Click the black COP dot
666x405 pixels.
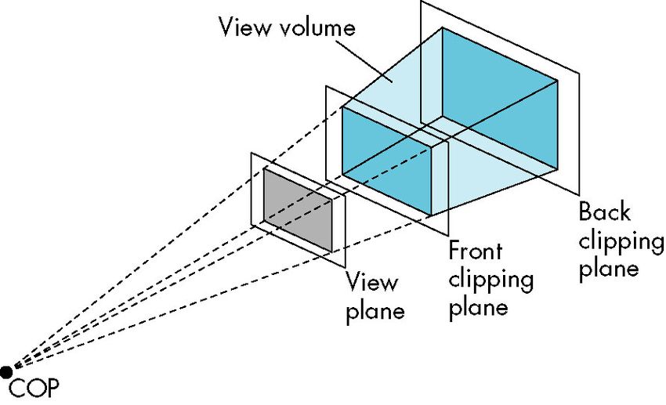click(6, 371)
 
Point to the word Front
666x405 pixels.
click(476, 251)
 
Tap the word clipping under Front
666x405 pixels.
click(491, 280)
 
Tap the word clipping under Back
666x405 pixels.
click(621, 241)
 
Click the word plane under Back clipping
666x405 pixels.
click(609, 269)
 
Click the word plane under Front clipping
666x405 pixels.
click(479, 307)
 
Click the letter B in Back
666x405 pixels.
click(585, 212)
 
